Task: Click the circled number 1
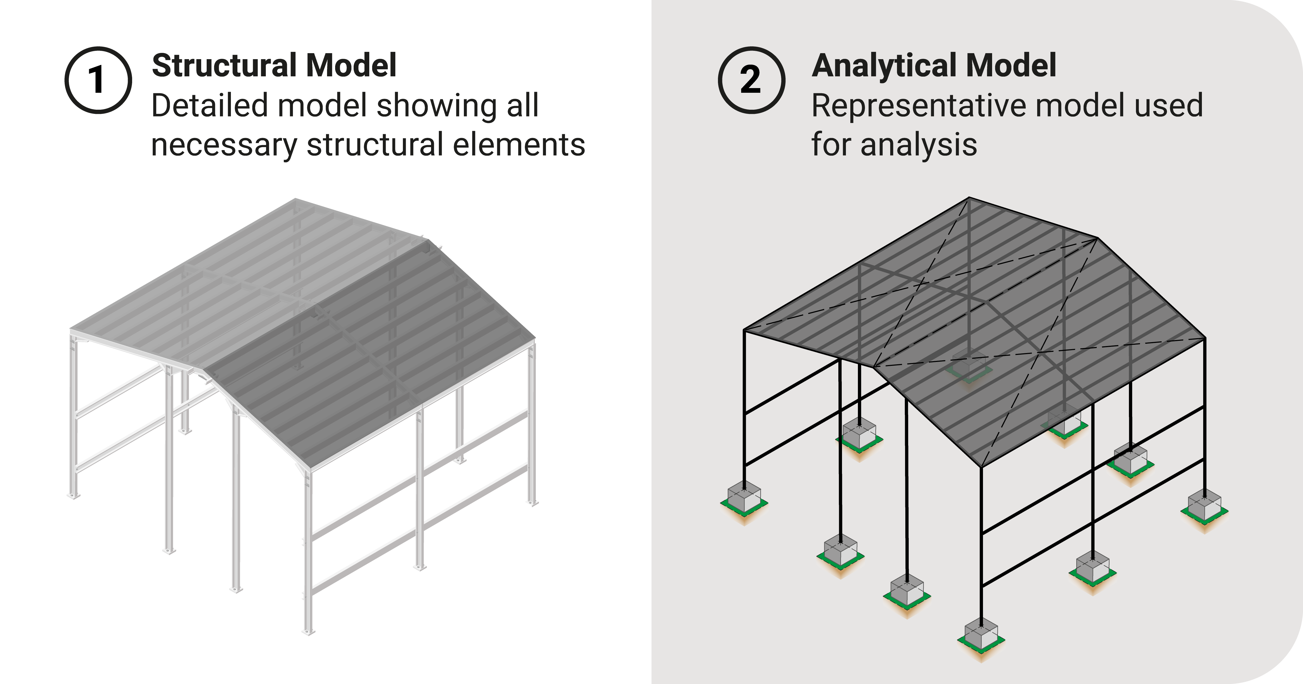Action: tap(98, 80)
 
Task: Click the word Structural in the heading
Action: tap(225, 66)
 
